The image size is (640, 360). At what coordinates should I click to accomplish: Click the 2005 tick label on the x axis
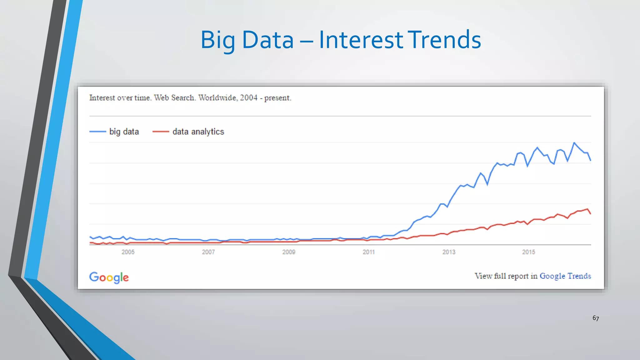pos(128,252)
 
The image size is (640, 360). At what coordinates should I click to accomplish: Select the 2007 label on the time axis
pos(208,252)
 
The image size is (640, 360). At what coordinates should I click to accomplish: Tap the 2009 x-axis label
pos(288,252)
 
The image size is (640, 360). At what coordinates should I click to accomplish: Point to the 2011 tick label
pos(368,252)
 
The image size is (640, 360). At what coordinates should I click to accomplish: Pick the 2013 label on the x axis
pos(449,252)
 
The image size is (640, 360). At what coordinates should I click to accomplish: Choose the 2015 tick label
pos(528,252)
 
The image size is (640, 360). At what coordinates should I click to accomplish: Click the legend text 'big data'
pos(124,132)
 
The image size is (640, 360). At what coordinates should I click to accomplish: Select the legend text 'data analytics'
pos(198,132)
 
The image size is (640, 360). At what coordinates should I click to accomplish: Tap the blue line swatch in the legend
pos(98,132)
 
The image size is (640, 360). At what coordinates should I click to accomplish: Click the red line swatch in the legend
pos(161,132)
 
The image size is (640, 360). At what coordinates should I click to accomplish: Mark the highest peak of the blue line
pos(574,143)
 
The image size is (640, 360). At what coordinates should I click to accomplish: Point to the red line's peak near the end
pos(587,209)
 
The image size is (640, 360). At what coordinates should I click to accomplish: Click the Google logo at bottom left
pos(109,277)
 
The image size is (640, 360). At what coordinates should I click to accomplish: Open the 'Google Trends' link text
pos(565,276)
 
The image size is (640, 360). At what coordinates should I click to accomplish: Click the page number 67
pos(596,318)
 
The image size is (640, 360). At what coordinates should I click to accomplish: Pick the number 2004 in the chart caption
pos(249,98)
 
